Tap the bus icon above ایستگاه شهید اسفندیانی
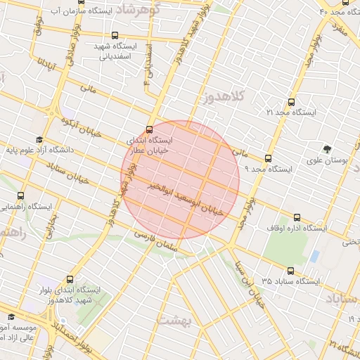pyautogui.click(x=115, y=35)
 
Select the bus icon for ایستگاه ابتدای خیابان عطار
pyautogui.click(x=149, y=129)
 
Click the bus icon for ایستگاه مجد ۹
pyautogui.click(x=268, y=158)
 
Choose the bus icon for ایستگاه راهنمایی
pyautogui.click(x=20, y=196)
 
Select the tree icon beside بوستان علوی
pyautogui.click(x=327, y=149)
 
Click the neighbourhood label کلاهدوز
pyautogui.click(x=227, y=96)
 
